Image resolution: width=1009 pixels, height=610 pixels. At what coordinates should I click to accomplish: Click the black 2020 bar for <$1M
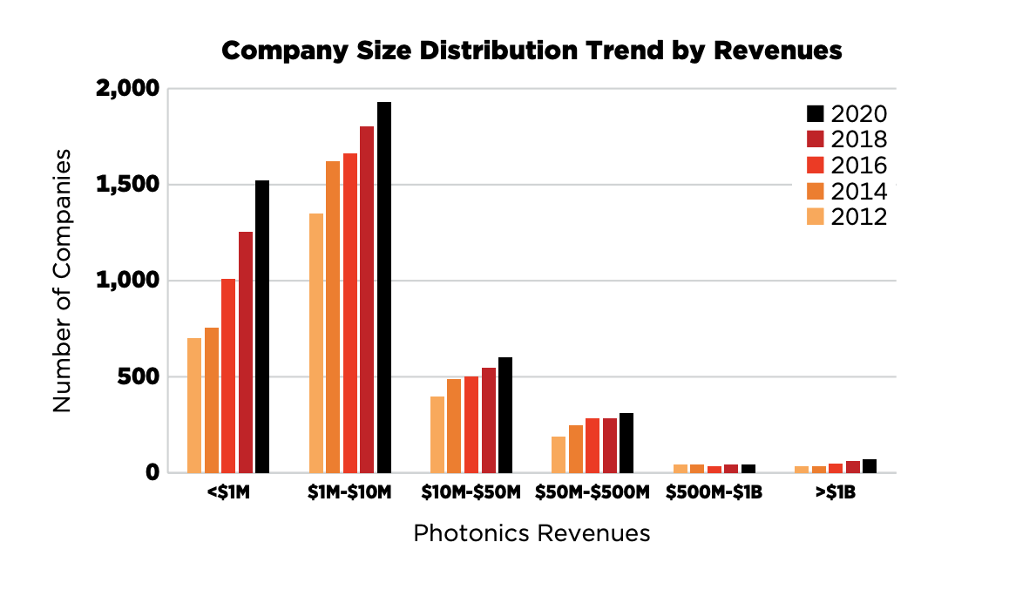coord(262,327)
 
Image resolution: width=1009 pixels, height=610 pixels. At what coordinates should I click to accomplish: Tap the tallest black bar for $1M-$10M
coord(384,288)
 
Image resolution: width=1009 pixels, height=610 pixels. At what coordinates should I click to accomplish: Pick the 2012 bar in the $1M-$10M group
coord(316,343)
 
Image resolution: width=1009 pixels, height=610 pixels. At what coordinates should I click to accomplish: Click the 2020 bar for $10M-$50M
coord(505,415)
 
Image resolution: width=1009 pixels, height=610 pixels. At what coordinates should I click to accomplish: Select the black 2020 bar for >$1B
coord(870,466)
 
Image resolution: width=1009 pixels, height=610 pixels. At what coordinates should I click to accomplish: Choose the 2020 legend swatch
coord(815,114)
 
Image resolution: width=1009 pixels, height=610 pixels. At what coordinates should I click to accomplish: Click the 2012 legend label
coord(859,217)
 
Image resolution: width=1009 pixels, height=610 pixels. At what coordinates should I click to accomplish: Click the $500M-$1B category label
coord(714,493)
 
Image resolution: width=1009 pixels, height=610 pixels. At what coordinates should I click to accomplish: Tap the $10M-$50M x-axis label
coord(471,493)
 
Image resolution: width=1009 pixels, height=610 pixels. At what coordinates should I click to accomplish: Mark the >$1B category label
coord(836,493)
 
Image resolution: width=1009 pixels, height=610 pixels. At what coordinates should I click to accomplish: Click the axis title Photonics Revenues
coord(532,533)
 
